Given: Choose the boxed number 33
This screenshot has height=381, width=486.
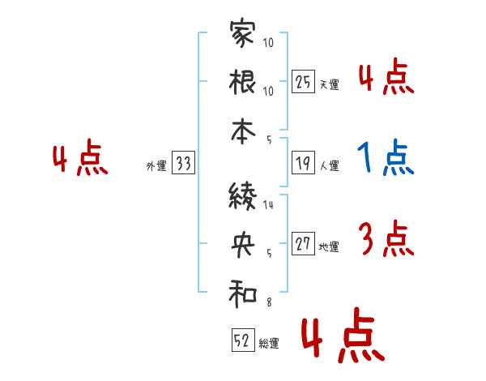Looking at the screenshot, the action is click(183, 165).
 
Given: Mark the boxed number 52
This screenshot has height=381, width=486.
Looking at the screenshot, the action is click(242, 341).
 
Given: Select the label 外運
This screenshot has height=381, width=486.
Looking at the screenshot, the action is click(156, 167).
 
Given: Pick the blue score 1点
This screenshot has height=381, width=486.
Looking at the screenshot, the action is click(386, 159).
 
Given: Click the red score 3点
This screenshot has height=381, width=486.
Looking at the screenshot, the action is click(386, 240).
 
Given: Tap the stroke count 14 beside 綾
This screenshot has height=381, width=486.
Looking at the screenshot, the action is click(269, 205).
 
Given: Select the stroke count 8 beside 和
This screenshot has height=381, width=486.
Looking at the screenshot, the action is click(269, 302).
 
